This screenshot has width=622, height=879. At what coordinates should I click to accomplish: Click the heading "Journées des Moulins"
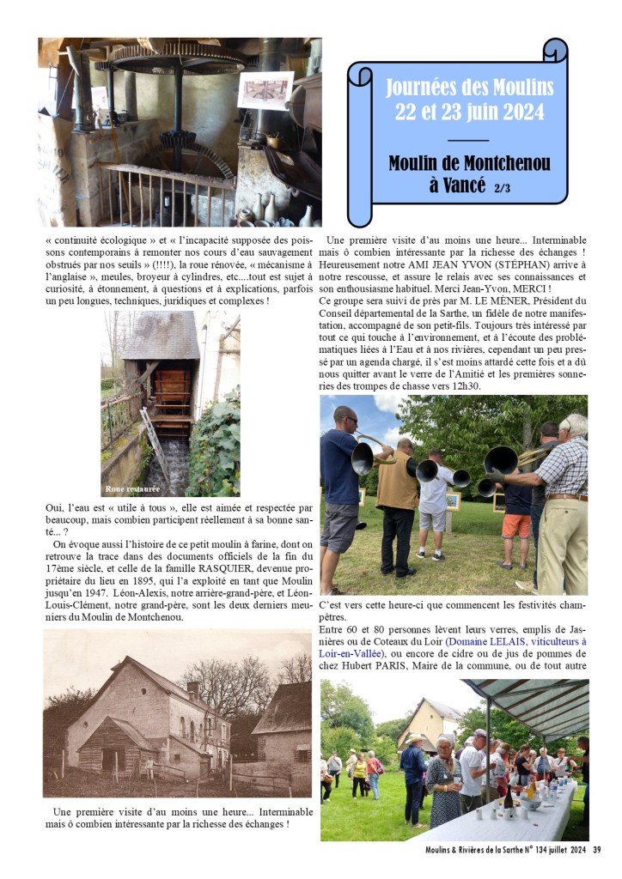(469, 88)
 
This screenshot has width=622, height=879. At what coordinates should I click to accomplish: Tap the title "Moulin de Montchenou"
(469, 163)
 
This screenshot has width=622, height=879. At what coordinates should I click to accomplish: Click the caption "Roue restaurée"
(131, 488)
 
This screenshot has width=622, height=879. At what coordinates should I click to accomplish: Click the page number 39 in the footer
(596, 850)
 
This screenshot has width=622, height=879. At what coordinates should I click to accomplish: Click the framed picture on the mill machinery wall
(265, 89)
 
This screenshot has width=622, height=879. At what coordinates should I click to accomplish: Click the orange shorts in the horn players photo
(517, 525)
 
